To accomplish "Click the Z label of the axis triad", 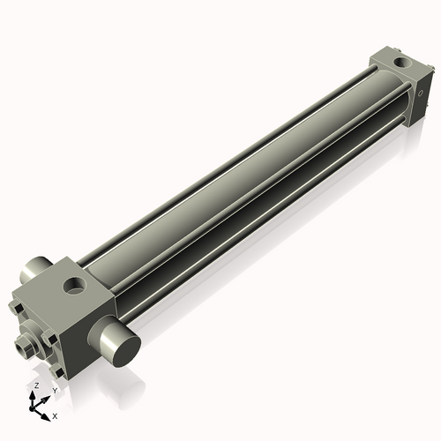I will [x=34, y=386].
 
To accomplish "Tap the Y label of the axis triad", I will [x=55, y=389].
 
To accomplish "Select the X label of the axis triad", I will [x=56, y=415].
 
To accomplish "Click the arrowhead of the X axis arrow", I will [x=47, y=412].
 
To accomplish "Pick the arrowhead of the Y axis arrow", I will [x=48, y=397].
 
